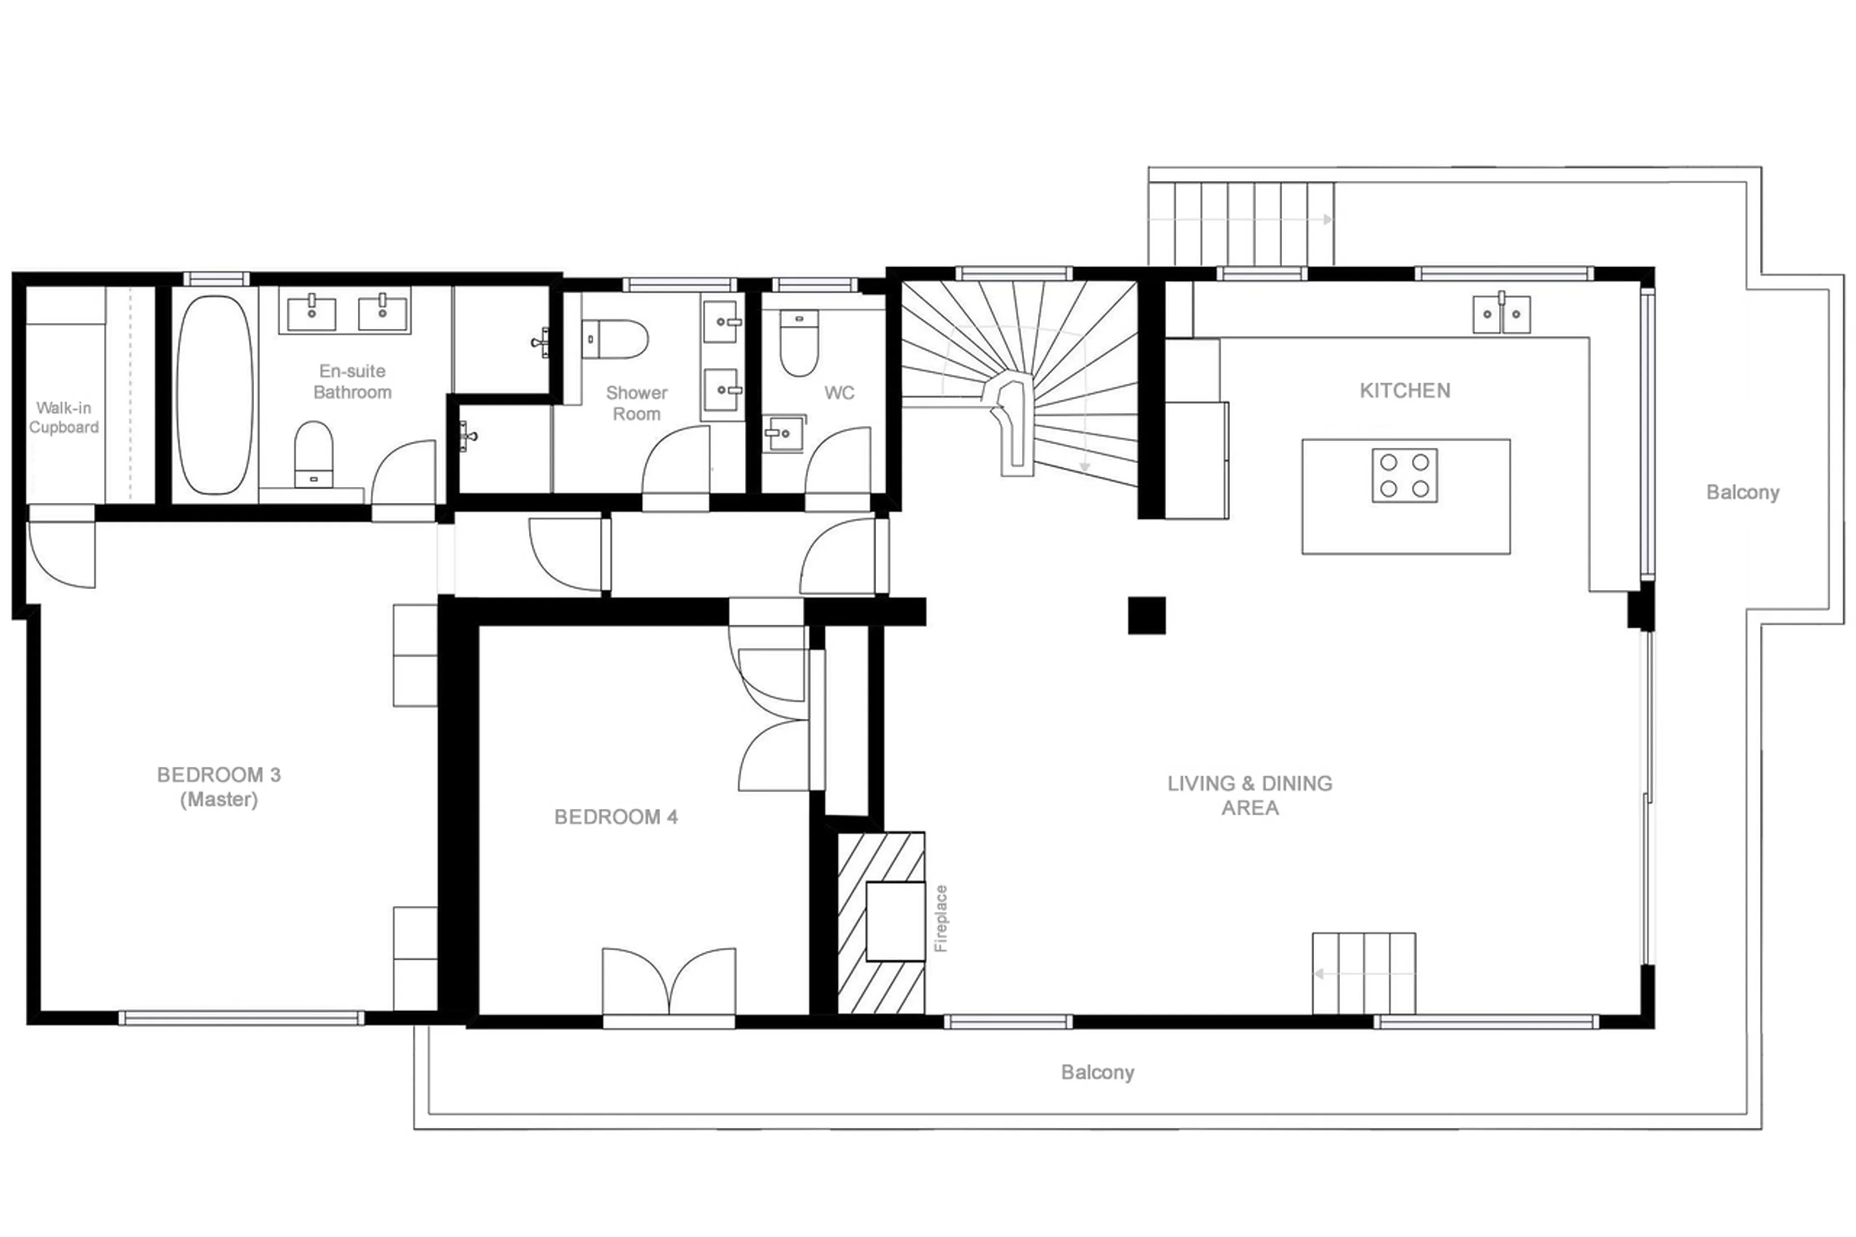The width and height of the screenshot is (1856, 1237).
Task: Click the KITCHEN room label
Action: point(1404,391)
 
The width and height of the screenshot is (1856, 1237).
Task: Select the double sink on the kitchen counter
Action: point(1501,314)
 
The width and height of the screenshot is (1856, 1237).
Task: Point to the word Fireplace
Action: point(940,918)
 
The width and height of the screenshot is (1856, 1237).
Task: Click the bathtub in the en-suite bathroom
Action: point(215,394)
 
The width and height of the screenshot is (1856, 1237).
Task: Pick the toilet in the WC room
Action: point(798,343)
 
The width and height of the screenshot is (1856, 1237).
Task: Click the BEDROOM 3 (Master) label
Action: point(218,786)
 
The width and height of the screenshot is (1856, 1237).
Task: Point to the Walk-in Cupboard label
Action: point(64,417)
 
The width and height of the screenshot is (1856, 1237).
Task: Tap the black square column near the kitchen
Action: point(1146,615)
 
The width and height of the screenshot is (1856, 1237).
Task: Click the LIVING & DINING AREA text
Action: point(1249,795)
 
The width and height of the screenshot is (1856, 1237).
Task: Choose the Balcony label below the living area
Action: point(1097,1072)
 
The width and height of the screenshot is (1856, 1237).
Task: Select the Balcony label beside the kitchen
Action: point(1742,492)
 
